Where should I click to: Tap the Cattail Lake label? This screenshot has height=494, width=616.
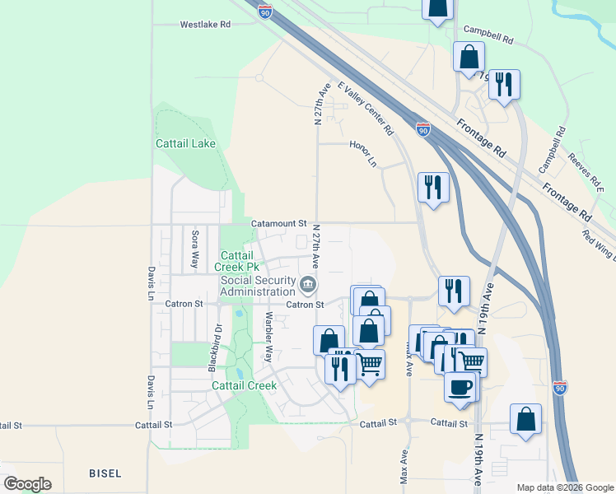[186, 143]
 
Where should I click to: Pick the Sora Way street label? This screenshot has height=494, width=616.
[195, 249]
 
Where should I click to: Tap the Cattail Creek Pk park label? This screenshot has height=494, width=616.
[240, 261]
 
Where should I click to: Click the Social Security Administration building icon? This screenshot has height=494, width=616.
[308, 285]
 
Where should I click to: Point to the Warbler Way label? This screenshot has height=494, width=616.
[268, 337]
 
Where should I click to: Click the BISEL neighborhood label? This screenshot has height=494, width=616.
[105, 473]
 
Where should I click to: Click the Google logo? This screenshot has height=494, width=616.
[27, 484]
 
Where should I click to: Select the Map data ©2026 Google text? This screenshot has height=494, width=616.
[565, 487]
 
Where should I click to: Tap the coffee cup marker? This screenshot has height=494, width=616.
[460, 385]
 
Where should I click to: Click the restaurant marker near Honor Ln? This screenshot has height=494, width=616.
[433, 187]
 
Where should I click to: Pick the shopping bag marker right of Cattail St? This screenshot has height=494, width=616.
[525, 418]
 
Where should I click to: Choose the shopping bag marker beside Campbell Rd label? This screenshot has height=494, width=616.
[469, 57]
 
